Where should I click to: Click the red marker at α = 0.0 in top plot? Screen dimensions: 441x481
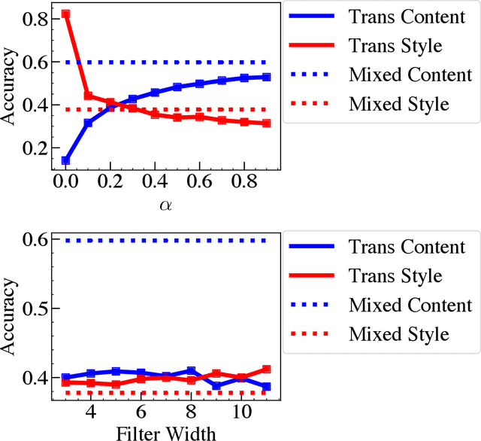pyautogui.click(x=66, y=14)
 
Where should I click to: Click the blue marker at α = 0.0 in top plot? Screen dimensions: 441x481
pyautogui.click(x=66, y=160)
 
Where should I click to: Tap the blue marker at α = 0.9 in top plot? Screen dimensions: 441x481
pyautogui.click(x=266, y=77)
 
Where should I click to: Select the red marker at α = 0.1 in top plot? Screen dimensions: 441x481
pyautogui.click(x=88, y=96)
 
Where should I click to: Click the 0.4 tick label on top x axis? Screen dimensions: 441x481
pyautogui.click(x=155, y=183)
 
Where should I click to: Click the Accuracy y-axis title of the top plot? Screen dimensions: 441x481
pyautogui.click(x=11, y=90)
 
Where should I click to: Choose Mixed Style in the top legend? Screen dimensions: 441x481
pyautogui.click(x=398, y=103)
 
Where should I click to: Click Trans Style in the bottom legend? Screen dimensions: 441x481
pyautogui.click(x=395, y=276)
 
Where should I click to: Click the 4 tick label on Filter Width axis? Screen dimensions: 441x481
pyautogui.click(x=90, y=412)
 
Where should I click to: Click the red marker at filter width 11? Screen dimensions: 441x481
pyautogui.click(x=266, y=370)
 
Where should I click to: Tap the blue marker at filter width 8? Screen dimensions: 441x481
pyautogui.click(x=191, y=371)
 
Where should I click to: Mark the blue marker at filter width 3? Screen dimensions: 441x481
pyautogui.click(x=66, y=378)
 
